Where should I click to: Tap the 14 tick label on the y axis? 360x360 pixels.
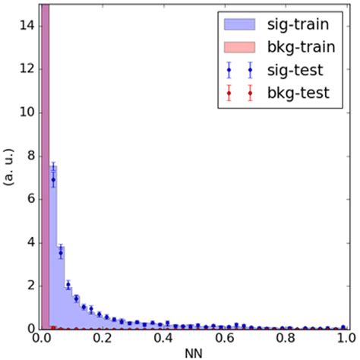24,26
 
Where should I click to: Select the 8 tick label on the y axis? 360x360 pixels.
28,156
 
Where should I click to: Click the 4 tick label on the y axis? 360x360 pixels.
28,242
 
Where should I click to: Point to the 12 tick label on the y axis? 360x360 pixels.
24,69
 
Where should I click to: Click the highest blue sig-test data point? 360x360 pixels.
53,179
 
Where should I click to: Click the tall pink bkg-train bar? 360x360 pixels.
46,167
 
